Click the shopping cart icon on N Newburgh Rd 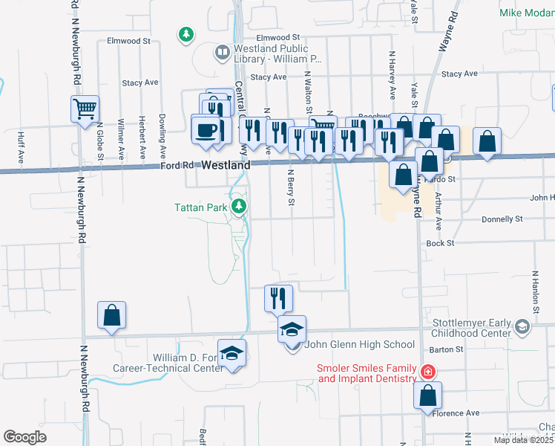pos(85,109)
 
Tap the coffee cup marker pos(206,129)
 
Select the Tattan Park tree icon pos(239,206)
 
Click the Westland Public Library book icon pos(220,52)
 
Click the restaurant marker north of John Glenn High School pos(279,298)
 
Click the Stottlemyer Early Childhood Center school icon pos(522,326)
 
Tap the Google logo pos(24,437)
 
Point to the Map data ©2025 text pos(523,440)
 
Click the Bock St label pos(439,243)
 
